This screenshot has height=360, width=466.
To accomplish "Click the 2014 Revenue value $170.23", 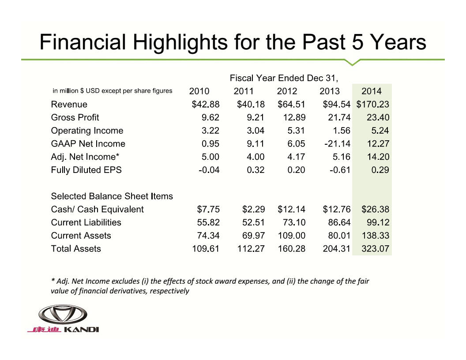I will click(372, 105).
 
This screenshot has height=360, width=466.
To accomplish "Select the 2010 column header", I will click(199, 91).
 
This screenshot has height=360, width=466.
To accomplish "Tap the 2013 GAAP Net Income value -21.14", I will click(334, 144).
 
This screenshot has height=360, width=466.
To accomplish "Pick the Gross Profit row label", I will click(75, 117).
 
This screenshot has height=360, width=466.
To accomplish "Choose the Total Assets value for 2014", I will click(375, 249).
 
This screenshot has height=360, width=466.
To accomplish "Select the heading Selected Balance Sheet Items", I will click(112, 196).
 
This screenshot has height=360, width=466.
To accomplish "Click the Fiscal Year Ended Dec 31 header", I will click(284, 79).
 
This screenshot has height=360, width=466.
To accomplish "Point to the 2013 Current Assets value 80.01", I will click(337, 236).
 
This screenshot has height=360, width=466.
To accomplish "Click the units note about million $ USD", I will click(112, 91).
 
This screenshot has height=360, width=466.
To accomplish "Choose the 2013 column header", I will click(330, 91).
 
